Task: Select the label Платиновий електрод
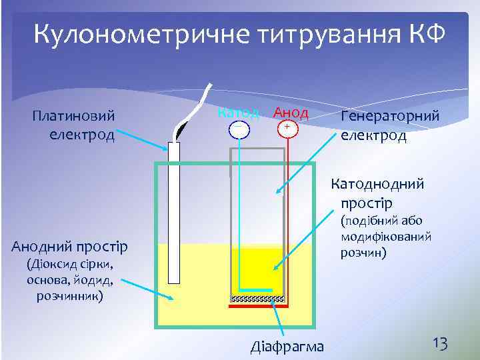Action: pyautogui.click(x=73, y=125)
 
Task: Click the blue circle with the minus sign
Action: pyautogui.click(x=238, y=128)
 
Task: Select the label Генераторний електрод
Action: pyautogui.click(x=389, y=125)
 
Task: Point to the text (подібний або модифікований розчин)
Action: pyautogui.click(x=386, y=237)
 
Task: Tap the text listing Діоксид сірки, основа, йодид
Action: pyautogui.click(x=69, y=280)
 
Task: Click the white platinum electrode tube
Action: pyautogui.click(x=174, y=213)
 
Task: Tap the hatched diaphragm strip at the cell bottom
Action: pyautogui.click(x=259, y=299)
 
